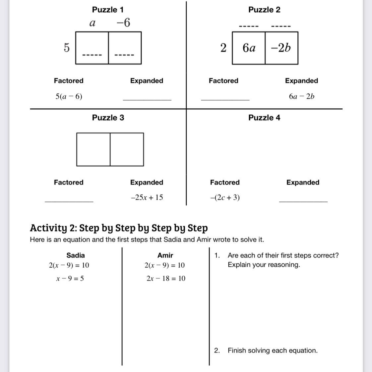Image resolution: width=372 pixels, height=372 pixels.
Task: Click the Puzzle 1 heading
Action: click(x=108, y=10)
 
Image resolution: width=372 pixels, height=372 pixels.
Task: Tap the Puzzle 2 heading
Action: click(x=264, y=10)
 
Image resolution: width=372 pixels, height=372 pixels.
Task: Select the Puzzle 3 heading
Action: click(x=108, y=118)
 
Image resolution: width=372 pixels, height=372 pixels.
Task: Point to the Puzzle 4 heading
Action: click(x=264, y=118)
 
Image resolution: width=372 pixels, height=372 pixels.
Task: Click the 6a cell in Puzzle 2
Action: click(x=249, y=48)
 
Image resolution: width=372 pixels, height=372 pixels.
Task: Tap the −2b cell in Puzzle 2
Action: click(x=281, y=48)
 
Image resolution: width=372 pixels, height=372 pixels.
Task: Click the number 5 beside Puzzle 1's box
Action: click(x=67, y=48)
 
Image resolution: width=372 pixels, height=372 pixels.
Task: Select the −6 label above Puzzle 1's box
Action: click(x=123, y=23)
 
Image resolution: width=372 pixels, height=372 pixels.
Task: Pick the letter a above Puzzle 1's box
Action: click(x=93, y=23)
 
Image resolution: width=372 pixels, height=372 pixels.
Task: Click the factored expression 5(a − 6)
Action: click(x=69, y=96)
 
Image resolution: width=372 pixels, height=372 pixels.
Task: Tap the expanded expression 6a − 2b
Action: click(x=301, y=96)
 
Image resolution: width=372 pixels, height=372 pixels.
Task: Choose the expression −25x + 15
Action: click(x=147, y=197)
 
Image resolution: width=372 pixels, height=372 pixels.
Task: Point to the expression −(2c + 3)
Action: click(x=225, y=197)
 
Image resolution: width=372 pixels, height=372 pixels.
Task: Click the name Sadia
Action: click(x=76, y=255)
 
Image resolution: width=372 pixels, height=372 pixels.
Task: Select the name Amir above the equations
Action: click(x=165, y=255)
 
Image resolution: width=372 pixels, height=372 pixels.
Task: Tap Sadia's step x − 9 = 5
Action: click(x=70, y=279)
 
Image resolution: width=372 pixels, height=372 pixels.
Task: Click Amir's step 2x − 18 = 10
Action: click(x=166, y=279)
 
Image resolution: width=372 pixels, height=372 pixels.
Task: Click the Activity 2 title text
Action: click(x=119, y=228)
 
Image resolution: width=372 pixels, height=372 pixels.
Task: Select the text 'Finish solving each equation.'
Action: click(x=273, y=350)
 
